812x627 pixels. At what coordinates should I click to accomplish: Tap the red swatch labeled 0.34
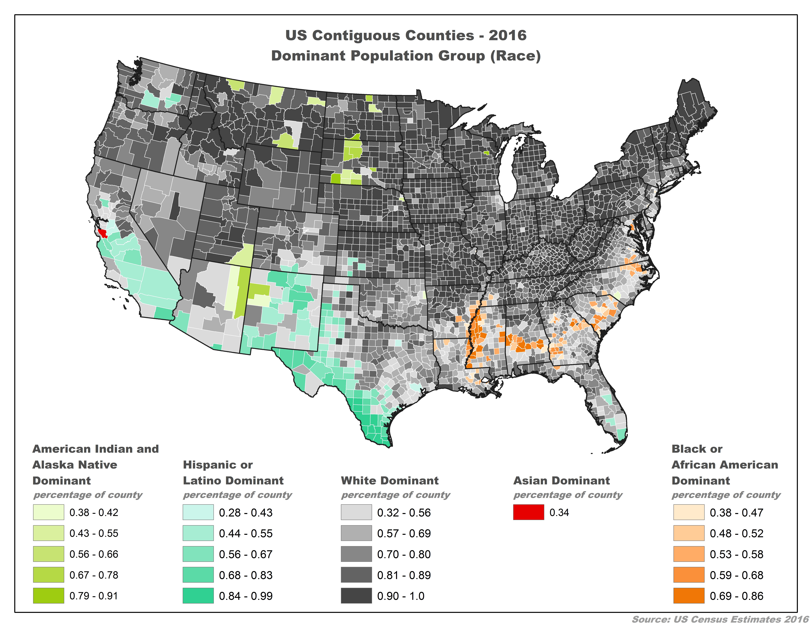tap(528, 512)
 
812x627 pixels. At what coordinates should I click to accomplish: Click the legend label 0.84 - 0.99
tap(246, 596)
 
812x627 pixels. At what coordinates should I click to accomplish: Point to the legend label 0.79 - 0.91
tap(94, 596)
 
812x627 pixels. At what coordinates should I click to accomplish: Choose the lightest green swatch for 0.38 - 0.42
tap(48, 512)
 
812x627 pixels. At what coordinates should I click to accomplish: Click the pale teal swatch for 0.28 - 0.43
tap(198, 512)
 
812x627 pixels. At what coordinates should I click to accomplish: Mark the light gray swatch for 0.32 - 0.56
tap(356, 512)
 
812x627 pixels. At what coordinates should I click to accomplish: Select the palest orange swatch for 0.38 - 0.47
tap(689, 512)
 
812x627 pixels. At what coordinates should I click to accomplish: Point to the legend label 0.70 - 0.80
tap(404, 554)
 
